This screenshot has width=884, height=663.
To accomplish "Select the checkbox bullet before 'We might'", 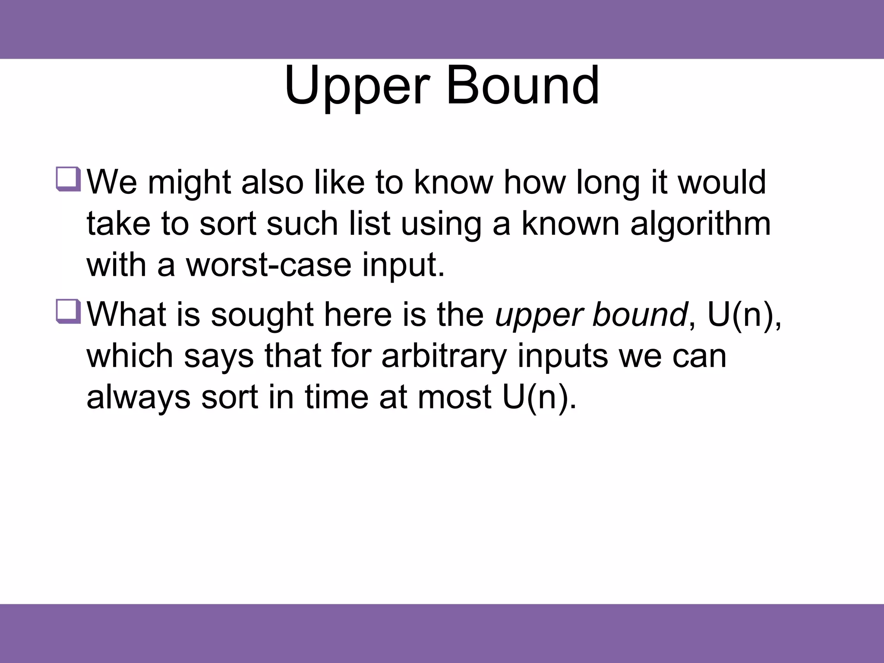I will [x=68, y=179].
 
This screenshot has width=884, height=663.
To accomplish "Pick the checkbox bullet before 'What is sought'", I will [x=68, y=311].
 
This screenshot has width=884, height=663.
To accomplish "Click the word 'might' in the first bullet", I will [x=189, y=183].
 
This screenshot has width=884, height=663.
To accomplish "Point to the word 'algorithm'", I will [x=700, y=224].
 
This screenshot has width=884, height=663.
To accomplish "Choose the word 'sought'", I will [x=262, y=315].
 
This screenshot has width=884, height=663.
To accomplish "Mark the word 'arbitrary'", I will [x=444, y=357].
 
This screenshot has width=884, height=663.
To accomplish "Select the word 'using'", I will [x=441, y=224].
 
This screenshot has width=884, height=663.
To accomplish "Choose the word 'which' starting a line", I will [x=129, y=356].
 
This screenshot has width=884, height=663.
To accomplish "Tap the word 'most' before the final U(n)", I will [x=454, y=397].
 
